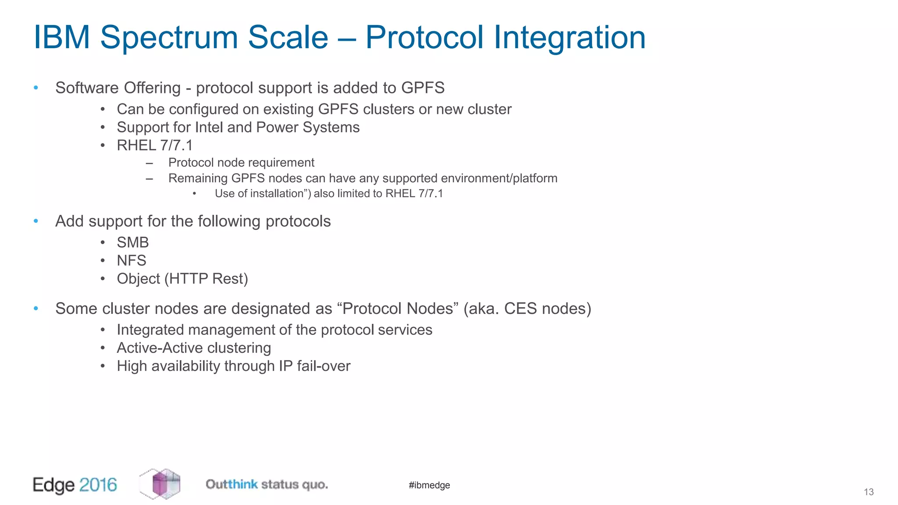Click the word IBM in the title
(x=61, y=38)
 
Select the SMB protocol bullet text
(x=132, y=242)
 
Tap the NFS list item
(x=131, y=260)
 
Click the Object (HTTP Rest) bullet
(x=182, y=279)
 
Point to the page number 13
(x=868, y=492)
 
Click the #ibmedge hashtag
(x=429, y=485)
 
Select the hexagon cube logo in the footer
(x=160, y=484)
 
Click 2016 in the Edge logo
(x=98, y=485)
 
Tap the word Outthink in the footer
(x=232, y=484)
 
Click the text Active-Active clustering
(x=193, y=348)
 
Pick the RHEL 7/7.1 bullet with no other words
(x=154, y=145)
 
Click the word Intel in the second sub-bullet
(x=209, y=127)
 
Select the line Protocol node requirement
(x=241, y=163)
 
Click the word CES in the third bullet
(x=520, y=309)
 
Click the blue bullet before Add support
(x=36, y=221)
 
